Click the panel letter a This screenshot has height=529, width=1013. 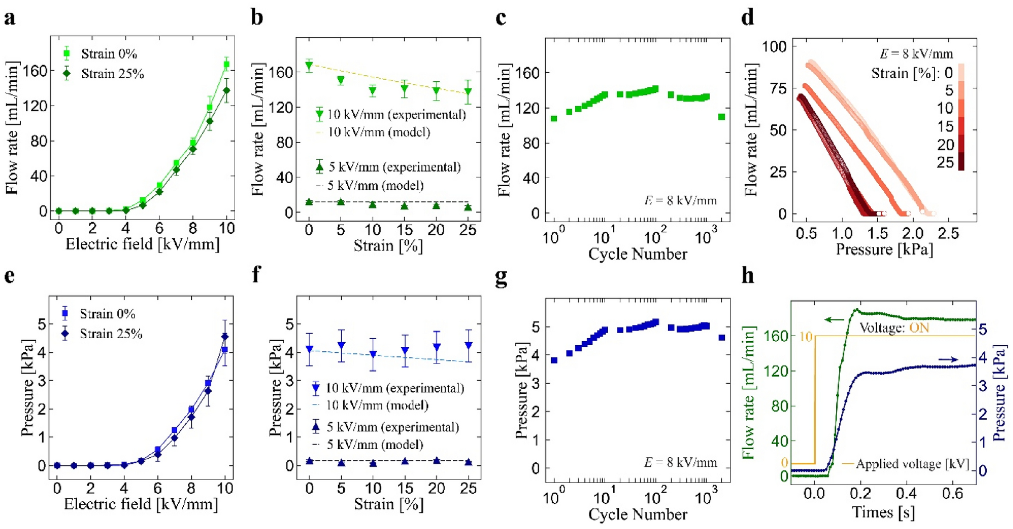coord(10,18)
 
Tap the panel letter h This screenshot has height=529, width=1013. coord(748,277)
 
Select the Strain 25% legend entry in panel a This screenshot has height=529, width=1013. coord(112,74)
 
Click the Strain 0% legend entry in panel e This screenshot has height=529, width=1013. coord(107,313)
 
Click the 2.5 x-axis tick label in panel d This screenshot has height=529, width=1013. coord(948,233)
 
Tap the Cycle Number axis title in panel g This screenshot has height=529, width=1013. coord(637,514)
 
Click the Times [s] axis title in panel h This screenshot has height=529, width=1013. coord(883,513)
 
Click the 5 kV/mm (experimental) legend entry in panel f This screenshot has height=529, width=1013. coord(392,427)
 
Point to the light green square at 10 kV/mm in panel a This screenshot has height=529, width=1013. coord(227,64)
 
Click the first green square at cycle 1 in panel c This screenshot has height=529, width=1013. coord(554,119)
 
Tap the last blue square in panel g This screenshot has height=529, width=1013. coord(722,337)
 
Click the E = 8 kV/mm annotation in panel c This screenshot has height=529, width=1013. coord(680,200)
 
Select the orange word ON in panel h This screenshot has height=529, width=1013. coord(919,328)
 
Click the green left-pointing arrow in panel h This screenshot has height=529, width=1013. coord(834,320)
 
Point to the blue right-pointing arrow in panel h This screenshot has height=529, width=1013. coord(948,359)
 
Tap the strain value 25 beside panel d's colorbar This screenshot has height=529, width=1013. coord(945,163)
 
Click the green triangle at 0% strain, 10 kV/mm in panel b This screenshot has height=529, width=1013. coord(309,66)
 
